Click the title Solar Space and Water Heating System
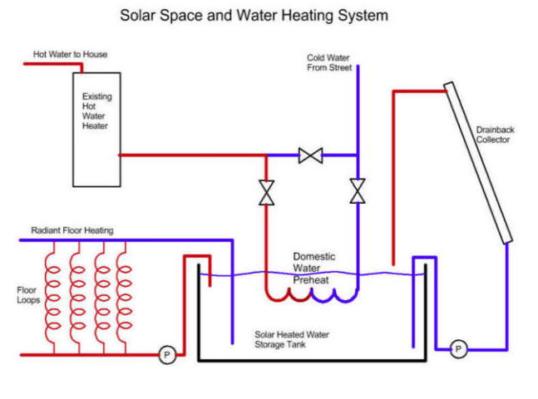254,15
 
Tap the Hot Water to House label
70,55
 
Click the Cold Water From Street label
328,62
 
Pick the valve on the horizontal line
311,155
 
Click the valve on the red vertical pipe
266,193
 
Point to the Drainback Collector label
493,135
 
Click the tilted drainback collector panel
478,162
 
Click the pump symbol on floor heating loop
167,355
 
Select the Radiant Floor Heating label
72,229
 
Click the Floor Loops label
27,295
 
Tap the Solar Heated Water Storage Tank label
292,339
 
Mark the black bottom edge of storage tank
312,360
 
